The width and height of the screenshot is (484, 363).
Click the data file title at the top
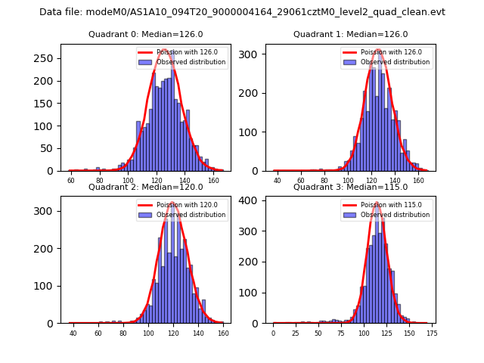(242, 12)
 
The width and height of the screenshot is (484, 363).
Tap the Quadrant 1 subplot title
(350, 34)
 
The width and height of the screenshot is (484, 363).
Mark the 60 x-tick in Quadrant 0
(71, 181)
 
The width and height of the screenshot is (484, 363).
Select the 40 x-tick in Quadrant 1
(278, 181)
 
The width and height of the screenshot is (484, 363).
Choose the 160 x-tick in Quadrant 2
(222, 334)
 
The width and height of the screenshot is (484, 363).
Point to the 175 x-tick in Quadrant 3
(431, 334)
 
